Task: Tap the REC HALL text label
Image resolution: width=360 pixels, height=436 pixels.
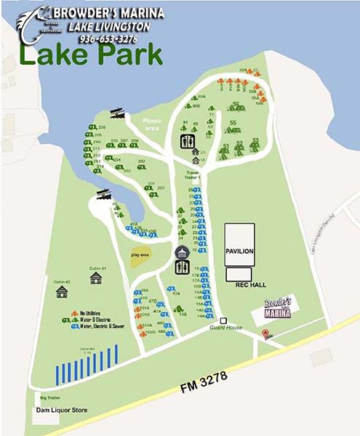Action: point(247,286)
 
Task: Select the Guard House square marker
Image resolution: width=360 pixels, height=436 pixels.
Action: point(224,320)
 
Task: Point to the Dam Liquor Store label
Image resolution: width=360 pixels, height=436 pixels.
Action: point(62,410)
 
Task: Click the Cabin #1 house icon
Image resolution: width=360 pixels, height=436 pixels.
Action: point(96,278)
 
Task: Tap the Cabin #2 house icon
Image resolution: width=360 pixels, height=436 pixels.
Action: point(62,291)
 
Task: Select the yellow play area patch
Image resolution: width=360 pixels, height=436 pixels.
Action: point(141,256)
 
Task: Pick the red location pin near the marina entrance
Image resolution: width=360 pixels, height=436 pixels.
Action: point(266,334)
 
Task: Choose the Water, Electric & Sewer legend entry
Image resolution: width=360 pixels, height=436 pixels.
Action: point(102,326)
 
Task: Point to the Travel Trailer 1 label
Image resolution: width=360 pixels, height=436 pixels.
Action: point(192,175)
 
